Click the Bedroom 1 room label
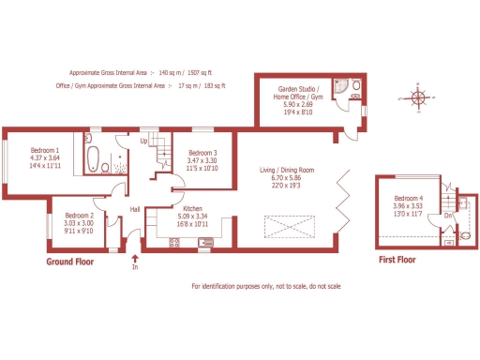[45, 151]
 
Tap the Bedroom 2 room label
[79, 215]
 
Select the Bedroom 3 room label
[202, 153]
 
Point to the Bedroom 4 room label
[409, 199]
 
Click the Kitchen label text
[193, 209]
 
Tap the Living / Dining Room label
[287, 170]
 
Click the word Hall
[135, 210]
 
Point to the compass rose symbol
[417, 96]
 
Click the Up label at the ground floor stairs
[144, 142]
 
